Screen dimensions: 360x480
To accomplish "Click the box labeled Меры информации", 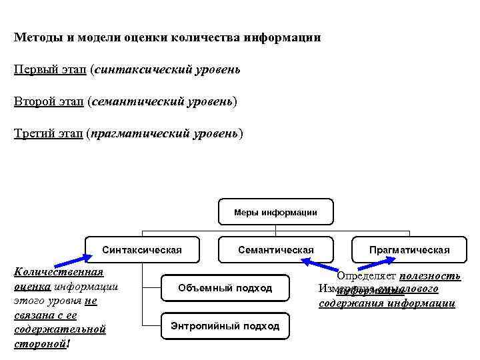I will [275, 213].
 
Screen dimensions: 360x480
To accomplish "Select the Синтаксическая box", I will [142, 250].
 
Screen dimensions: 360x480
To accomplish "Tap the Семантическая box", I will [275, 250].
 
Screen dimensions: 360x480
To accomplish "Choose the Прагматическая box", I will [409, 250].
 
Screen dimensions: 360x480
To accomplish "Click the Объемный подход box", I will [225, 288].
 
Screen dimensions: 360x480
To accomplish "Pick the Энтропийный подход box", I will [225, 326].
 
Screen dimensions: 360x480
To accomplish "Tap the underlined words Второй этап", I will [49, 101].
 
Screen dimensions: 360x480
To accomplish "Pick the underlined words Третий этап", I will [48, 133].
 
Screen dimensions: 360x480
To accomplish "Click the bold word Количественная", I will [59, 272].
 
